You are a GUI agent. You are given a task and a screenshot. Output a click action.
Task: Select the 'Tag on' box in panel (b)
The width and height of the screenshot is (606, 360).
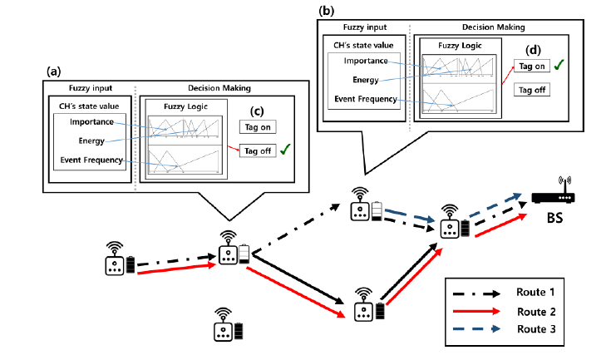(531, 66)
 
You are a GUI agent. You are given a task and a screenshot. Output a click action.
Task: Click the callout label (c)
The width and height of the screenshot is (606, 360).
(258, 111)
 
